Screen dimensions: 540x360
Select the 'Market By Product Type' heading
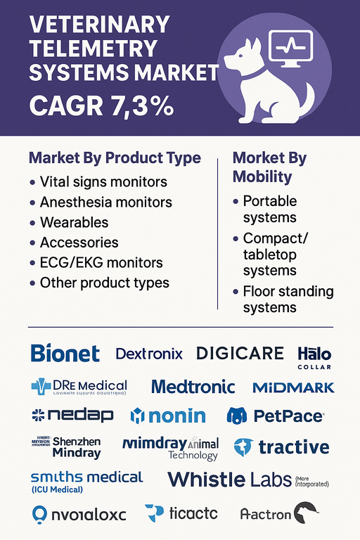(x=115, y=157)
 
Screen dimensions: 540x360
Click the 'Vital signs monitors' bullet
(x=103, y=181)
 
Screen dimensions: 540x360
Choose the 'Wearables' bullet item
(x=75, y=222)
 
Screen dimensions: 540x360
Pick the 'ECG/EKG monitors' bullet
(x=101, y=263)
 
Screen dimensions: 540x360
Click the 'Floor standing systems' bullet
(x=288, y=300)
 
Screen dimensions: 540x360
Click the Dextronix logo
(x=148, y=354)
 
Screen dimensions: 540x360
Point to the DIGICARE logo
(x=240, y=353)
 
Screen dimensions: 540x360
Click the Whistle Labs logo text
(x=229, y=480)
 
